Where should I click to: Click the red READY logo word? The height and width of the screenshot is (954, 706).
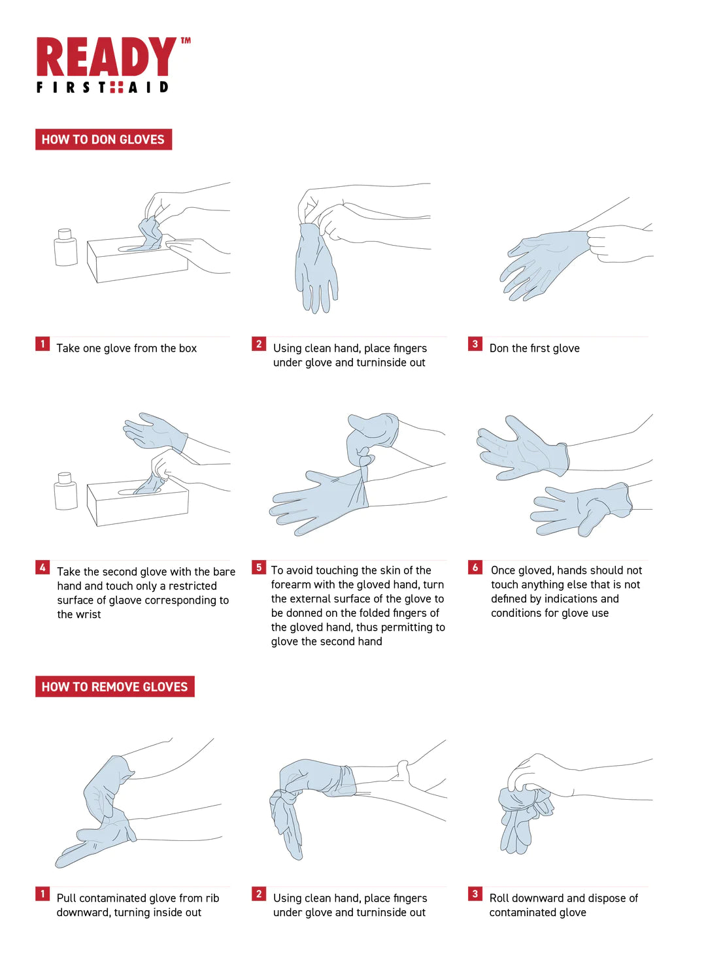pos(106,56)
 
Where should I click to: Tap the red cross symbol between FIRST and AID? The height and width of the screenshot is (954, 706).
pos(116,88)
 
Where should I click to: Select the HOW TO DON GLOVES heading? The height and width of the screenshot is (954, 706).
pos(103,139)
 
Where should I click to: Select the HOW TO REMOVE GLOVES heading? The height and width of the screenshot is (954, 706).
pos(114,686)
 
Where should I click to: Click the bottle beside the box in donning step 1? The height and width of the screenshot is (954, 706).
pos(65,247)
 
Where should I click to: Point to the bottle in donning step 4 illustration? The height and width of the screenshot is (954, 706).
pos(65,491)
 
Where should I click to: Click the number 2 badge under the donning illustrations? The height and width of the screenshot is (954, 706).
pos(259,344)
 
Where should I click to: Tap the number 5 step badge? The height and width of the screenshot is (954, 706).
pos(259,567)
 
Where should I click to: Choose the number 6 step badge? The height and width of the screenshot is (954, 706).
pos(475,567)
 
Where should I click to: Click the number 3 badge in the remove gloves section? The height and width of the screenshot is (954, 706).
pos(475,893)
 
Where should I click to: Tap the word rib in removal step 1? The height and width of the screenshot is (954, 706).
pos(212,898)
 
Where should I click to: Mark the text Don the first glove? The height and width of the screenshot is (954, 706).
pos(534,348)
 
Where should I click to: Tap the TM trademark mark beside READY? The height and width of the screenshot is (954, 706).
pos(186,41)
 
